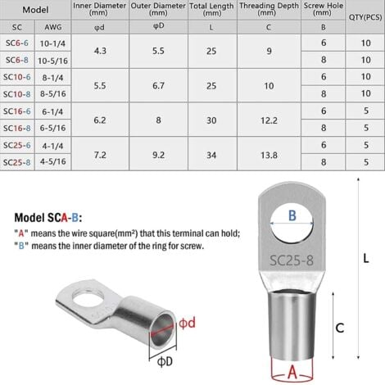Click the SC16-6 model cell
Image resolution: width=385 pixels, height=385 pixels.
click(x=17, y=111)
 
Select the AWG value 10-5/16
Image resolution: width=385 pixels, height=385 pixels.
click(x=52, y=61)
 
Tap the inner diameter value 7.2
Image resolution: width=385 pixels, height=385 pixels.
click(x=100, y=155)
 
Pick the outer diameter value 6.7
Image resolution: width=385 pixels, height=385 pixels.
click(x=158, y=86)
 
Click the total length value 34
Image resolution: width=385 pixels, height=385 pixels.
click(x=211, y=155)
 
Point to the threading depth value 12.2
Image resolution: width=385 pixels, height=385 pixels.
click(x=269, y=120)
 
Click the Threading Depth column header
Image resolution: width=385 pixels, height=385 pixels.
click(x=269, y=9)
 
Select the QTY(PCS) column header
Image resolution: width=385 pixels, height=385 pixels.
click(x=365, y=17)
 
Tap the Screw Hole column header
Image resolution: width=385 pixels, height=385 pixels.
click(x=324, y=9)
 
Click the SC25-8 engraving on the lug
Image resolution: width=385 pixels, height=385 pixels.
click(x=292, y=260)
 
